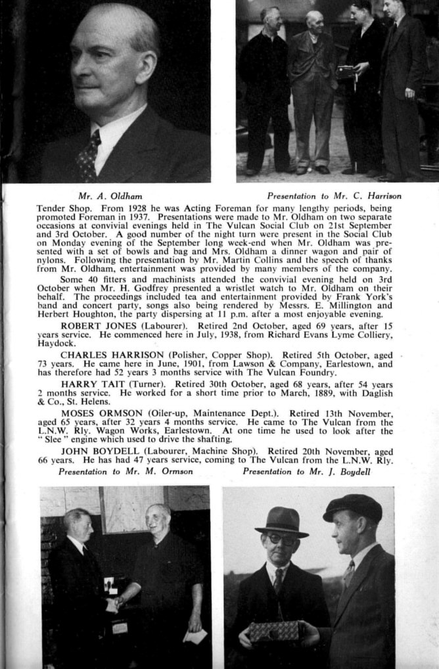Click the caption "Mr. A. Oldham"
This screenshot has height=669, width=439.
point(110,196)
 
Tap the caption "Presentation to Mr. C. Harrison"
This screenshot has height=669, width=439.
point(334,196)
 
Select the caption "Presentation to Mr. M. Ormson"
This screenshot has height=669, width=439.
point(126,471)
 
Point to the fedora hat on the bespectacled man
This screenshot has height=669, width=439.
point(281,521)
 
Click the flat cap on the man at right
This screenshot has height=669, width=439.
point(354,507)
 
